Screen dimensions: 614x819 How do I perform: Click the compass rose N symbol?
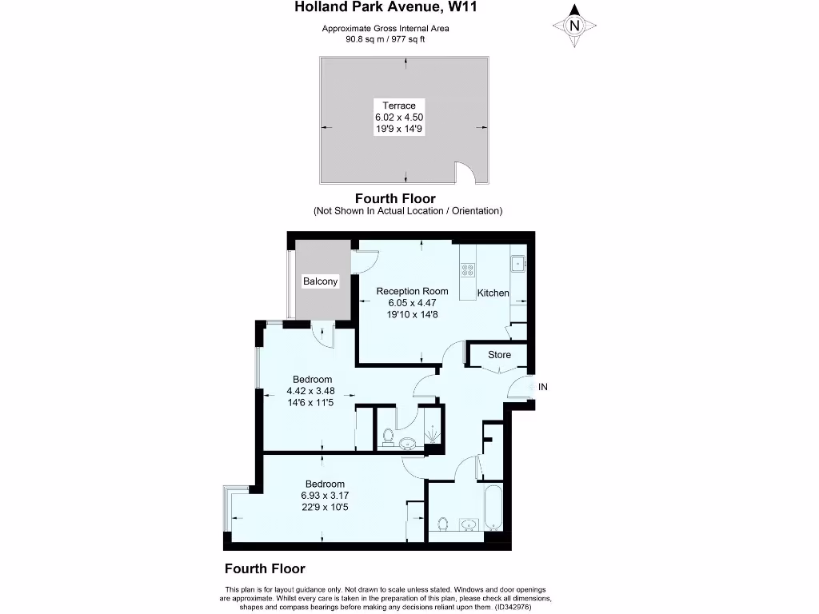click(573, 26)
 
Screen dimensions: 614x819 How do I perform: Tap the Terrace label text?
click(398, 106)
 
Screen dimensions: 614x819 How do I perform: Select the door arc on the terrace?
click(465, 172)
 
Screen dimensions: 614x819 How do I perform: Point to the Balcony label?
click(320, 281)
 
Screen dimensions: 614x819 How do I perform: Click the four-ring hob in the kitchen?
click(467, 270)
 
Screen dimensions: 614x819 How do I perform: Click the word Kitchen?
click(493, 293)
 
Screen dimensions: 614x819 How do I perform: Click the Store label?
click(500, 355)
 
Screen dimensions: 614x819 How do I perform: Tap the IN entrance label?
click(543, 387)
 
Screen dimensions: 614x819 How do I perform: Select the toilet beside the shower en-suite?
click(387, 437)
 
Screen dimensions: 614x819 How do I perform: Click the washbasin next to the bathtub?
click(469, 525)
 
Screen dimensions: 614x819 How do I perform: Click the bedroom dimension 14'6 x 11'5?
click(312, 402)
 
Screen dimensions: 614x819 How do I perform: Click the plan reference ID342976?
click(517, 607)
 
